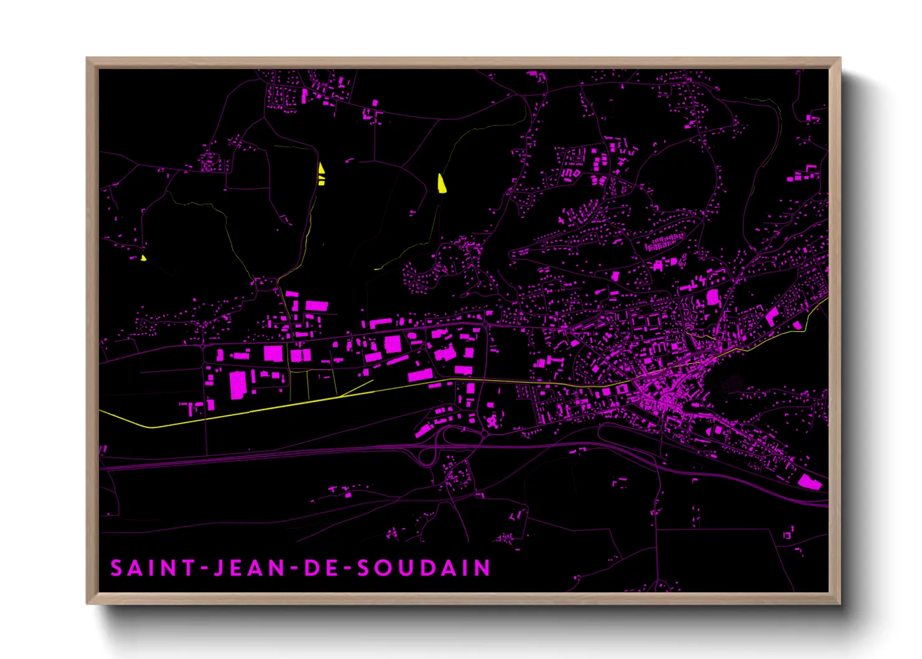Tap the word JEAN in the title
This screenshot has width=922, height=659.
pyautogui.click(x=249, y=568)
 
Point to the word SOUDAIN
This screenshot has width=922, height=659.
pyautogui.click(x=424, y=568)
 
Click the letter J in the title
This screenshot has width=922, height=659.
pyautogui.click(x=219, y=568)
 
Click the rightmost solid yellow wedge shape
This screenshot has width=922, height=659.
pyautogui.click(x=441, y=184)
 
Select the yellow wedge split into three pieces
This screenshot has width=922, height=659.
pyautogui.click(x=321, y=174)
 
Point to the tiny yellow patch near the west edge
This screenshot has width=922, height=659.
pyautogui.click(x=143, y=257)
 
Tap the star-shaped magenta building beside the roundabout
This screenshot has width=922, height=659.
pyautogui.click(x=493, y=422)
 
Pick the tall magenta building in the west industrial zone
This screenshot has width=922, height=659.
pyautogui.click(x=238, y=384)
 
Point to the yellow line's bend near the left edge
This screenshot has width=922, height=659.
pyautogui.click(x=151, y=427)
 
